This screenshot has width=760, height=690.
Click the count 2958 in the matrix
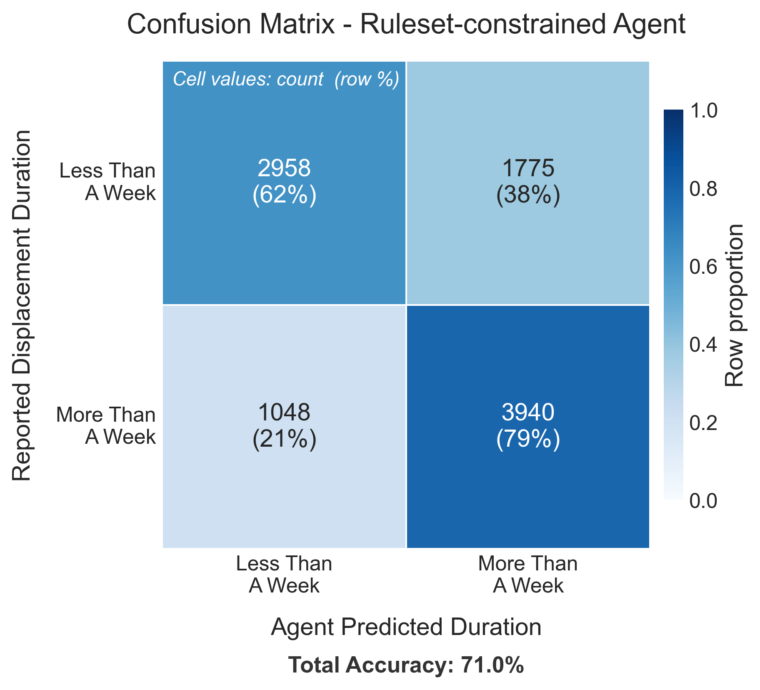point(284,168)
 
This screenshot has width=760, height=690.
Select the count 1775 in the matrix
point(528,168)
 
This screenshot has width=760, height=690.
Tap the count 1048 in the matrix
point(284,412)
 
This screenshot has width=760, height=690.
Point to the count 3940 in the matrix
point(528,412)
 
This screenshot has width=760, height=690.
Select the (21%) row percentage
point(284,439)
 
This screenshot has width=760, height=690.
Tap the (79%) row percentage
point(528,439)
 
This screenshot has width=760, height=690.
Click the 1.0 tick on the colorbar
point(703,110)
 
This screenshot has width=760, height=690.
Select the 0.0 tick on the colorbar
point(703,500)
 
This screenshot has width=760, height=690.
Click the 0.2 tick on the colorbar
point(703,422)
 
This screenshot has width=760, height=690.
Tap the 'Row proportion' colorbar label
point(734,305)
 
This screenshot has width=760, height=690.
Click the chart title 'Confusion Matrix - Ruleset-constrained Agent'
point(406,25)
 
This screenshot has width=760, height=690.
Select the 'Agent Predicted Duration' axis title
point(406,627)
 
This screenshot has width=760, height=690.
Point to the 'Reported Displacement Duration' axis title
point(22,305)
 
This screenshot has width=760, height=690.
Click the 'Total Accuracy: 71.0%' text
point(406,665)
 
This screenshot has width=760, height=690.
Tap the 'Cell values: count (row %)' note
point(286,79)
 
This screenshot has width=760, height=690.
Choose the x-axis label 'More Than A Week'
point(528,575)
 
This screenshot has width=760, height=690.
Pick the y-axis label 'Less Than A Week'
point(107,182)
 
